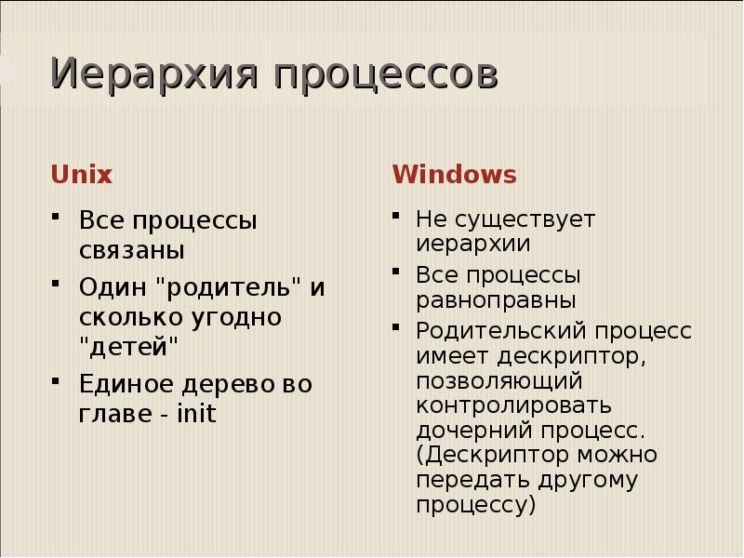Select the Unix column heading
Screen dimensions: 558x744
(x=81, y=174)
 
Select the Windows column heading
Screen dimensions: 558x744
(x=454, y=174)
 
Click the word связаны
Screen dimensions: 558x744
(x=131, y=251)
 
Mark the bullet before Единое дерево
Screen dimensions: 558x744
(x=57, y=381)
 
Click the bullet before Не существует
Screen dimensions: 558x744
(x=396, y=218)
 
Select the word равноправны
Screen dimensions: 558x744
(x=496, y=300)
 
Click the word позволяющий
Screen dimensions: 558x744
(x=498, y=381)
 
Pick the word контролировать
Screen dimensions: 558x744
(x=513, y=406)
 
